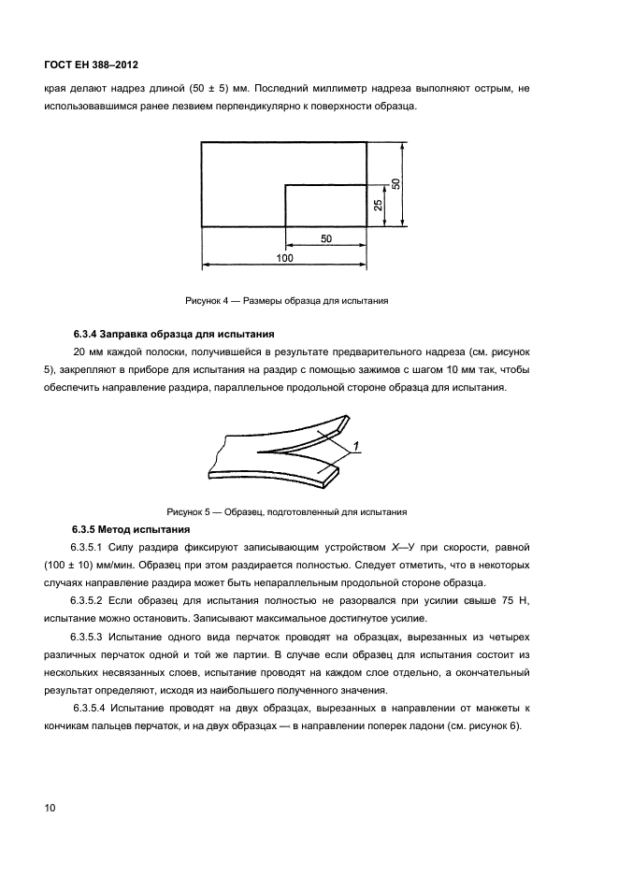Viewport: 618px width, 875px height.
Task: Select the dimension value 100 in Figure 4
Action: point(284,257)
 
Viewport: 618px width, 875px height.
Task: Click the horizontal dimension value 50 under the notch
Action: point(325,238)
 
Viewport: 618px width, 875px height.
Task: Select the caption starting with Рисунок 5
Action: point(286,512)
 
